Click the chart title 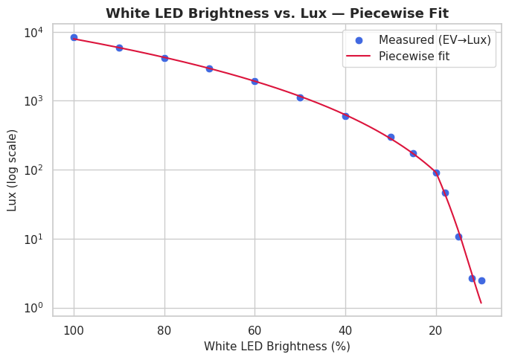click(x=277, y=13)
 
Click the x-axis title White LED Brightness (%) click(x=277, y=347)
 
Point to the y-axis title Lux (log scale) click(x=13, y=170)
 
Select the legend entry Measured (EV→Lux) click(x=435, y=39)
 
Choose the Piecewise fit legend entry click(x=414, y=56)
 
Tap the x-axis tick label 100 click(x=74, y=330)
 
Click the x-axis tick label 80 click(x=164, y=330)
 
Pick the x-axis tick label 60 click(x=254, y=330)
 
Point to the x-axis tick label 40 click(x=345, y=330)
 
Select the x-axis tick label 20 click(x=436, y=330)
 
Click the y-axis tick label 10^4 click(x=34, y=32)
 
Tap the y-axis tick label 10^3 click(x=34, y=101)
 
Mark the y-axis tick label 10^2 click(x=34, y=170)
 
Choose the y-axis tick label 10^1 click(x=34, y=240)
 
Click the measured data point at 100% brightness click(x=74, y=37)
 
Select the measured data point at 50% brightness click(x=300, y=97)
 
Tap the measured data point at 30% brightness click(x=391, y=137)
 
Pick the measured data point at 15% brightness click(x=458, y=237)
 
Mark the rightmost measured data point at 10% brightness click(x=481, y=280)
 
